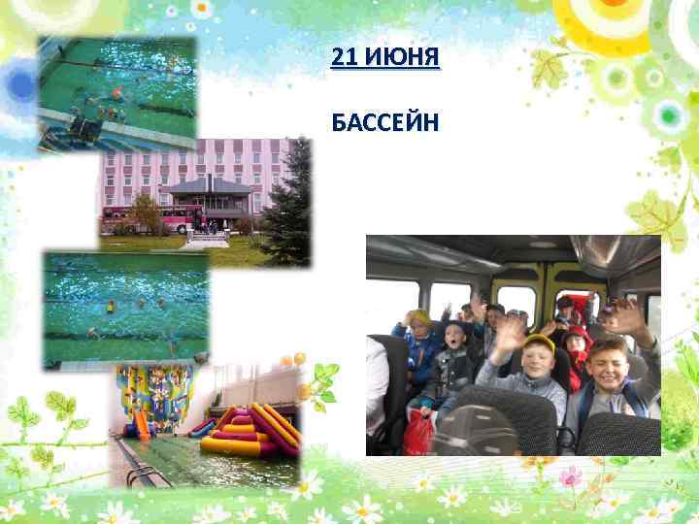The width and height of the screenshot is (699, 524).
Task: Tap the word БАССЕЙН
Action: pos(385,123)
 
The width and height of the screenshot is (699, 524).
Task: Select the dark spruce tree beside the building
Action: pos(288,209)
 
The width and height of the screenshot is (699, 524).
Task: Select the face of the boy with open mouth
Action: pos(454,339)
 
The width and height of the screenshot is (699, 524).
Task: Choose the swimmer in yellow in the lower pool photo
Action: pos(111,307)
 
